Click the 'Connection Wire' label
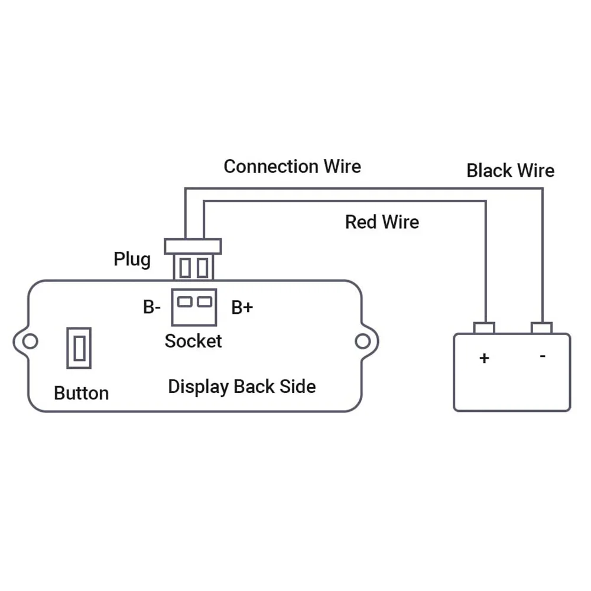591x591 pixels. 292,167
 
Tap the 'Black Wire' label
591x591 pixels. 511,170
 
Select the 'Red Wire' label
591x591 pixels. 382,222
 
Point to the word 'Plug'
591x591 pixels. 132,259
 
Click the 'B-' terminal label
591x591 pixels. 152,307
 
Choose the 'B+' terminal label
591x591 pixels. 242,307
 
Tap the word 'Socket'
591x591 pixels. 193,341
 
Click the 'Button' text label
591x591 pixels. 82,393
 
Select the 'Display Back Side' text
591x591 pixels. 242,387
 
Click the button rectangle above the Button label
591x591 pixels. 79,348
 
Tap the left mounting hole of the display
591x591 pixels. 30,341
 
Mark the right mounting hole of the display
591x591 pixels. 363,341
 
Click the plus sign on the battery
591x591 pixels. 485,358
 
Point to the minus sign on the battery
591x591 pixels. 543,356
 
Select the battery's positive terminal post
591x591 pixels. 485,328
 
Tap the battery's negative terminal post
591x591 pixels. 541,328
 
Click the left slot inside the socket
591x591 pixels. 184,301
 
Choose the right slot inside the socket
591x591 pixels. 204,301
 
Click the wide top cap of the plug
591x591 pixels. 193,246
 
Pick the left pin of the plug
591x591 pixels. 184,268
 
